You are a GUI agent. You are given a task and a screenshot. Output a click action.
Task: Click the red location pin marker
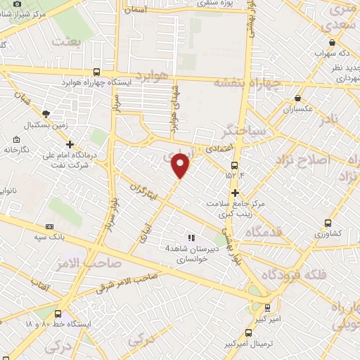pyautogui.click(x=181, y=165)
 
